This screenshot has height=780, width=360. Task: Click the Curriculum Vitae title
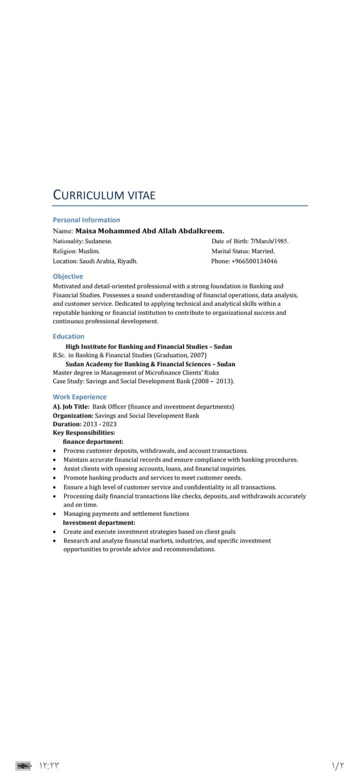(x=104, y=194)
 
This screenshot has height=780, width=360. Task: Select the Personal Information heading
(x=86, y=219)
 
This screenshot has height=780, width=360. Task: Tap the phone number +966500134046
(x=254, y=261)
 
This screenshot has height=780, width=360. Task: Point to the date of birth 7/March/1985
(x=269, y=241)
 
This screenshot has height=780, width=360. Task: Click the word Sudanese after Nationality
(x=98, y=241)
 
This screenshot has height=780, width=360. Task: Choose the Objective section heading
(x=68, y=276)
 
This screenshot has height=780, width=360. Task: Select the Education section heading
(x=68, y=336)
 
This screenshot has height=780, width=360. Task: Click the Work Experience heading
(x=79, y=396)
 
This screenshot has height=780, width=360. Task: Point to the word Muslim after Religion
(x=89, y=251)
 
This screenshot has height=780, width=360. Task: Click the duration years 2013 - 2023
(x=99, y=424)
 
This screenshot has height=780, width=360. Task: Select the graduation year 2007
(x=197, y=355)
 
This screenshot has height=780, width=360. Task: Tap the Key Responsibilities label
(x=84, y=432)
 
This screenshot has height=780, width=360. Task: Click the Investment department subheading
(x=99, y=522)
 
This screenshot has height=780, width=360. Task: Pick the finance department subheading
(x=93, y=441)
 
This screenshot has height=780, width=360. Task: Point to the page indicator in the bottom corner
(x=338, y=765)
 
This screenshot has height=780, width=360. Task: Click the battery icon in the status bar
(x=23, y=765)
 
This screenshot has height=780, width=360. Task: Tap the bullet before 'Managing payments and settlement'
(x=54, y=514)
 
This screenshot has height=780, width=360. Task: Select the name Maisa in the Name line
(x=85, y=231)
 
